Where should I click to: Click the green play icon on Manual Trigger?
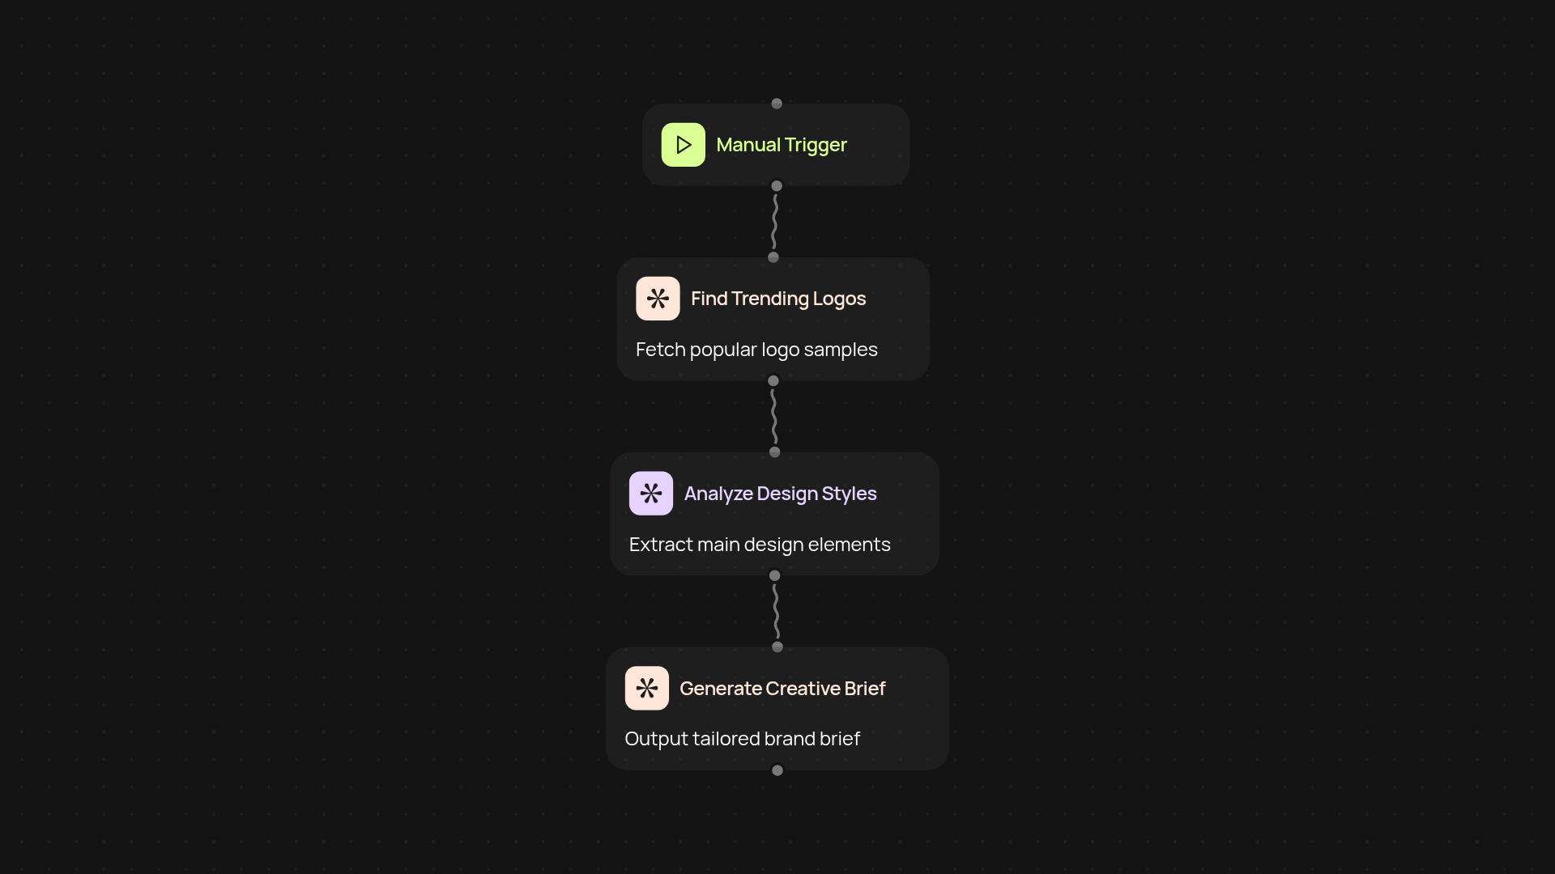[683, 145]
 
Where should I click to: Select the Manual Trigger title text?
[782, 145]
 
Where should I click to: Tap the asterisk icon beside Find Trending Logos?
[658, 299]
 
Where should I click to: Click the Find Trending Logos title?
[778, 299]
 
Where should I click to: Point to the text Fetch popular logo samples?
[756, 350]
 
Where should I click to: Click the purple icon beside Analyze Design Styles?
[651, 494]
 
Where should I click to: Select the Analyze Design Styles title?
[781, 494]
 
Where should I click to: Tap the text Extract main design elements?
[760, 545]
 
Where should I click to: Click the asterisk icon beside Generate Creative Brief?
[647, 688]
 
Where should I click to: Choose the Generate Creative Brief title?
[782, 689]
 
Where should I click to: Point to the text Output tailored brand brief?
[743, 739]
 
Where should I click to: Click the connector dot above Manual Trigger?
[777, 104]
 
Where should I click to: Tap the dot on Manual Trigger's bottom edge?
[777, 186]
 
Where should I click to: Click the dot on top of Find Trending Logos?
[773, 257]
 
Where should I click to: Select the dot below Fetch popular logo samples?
[773, 380]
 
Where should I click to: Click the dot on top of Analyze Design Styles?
[775, 452]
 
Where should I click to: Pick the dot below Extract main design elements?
[775, 575]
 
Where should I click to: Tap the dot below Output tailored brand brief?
[777, 770]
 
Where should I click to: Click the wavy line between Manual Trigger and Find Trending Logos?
[775, 222]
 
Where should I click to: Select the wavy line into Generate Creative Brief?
[777, 611]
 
